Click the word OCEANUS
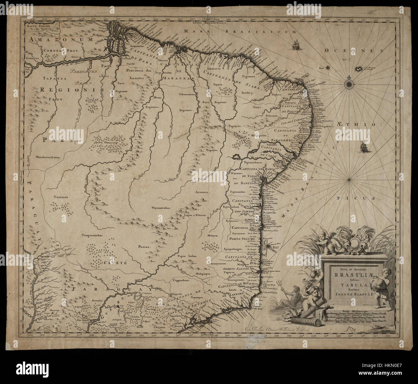point(354,50)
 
